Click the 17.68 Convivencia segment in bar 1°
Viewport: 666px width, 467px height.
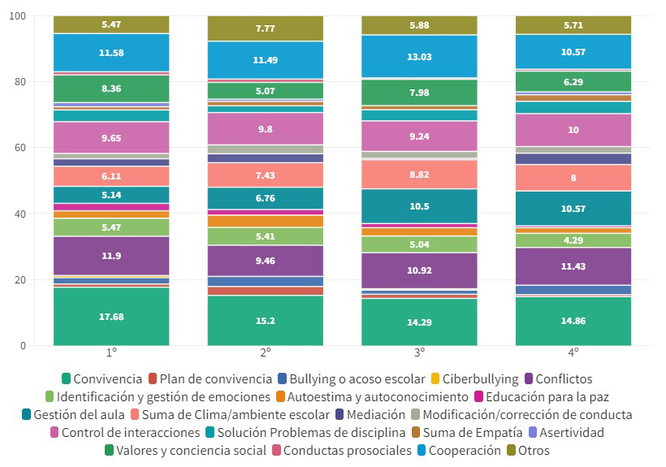point(111,316)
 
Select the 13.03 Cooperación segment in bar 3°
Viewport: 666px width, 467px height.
point(419,56)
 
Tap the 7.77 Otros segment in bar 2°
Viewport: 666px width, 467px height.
point(266,28)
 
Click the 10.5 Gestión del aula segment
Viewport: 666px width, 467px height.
point(419,206)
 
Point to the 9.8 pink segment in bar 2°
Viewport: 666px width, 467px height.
point(266,128)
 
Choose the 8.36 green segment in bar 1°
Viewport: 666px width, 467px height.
point(111,89)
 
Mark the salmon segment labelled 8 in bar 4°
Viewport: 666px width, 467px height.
point(573,178)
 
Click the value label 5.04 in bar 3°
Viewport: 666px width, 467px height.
point(419,243)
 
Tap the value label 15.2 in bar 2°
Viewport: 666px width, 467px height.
point(266,320)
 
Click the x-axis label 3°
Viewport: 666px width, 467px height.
point(419,355)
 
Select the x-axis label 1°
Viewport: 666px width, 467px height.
point(111,355)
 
